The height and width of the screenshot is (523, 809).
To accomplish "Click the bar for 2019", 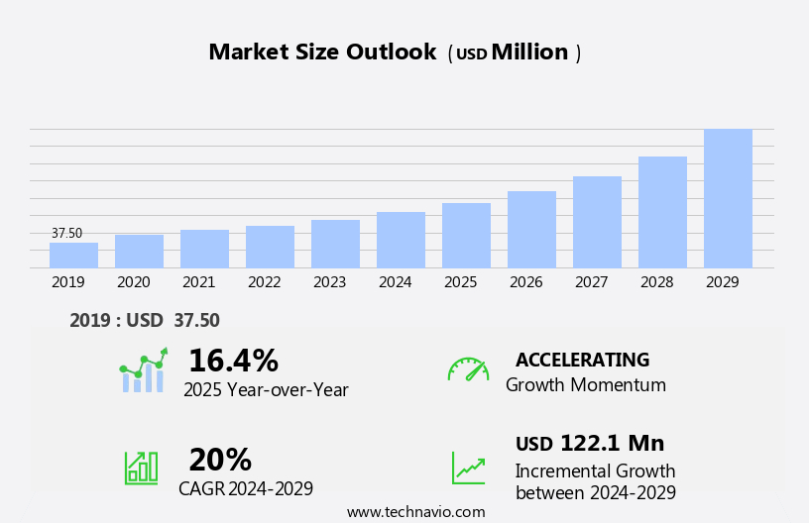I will pyautogui.click(x=73, y=256).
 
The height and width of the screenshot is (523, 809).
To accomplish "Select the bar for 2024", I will pyautogui.click(x=401, y=240).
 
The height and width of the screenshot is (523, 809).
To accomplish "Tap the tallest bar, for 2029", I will pyautogui.click(x=728, y=198).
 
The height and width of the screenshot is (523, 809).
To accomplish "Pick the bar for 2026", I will pyautogui.click(x=531, y=230).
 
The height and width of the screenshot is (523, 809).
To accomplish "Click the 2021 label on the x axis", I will pyautogui.click(x=198, y=282).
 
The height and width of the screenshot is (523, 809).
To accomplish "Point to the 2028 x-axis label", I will pyautogui.click(x=656, y=282).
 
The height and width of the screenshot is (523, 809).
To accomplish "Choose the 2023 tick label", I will pyautogui.click(x=329, y=282).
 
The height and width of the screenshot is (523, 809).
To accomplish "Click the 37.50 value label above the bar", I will pyautogui.click(x=67, y=234).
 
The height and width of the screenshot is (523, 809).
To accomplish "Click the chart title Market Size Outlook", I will pyautogui.click(x=322, y=52).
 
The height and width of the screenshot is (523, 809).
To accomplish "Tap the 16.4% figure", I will pyautogui.click(x=233, y=361).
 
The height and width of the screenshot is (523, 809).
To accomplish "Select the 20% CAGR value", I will pyautogui.click(x=220, y=460).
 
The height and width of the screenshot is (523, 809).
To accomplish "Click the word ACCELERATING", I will pyautogui.click(x=582, y=360).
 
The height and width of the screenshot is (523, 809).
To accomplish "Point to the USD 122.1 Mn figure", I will pyautogui.click(x=590, y=444).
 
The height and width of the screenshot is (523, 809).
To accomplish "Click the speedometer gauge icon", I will pyautogui.click(x=468, y=369).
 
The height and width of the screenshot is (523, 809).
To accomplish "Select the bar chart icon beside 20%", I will pyautogui.click(x=141, y=467).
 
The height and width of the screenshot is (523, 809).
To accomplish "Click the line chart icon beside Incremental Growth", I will pyautogui.click(x=468, y=468).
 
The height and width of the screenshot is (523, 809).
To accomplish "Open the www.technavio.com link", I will pyautogui.click(x=415, y=512).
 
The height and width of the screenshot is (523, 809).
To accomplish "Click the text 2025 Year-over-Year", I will pyautogui.click(x=266, y=390).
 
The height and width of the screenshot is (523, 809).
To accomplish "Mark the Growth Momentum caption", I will pyautogui.click(x=585, y=385).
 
